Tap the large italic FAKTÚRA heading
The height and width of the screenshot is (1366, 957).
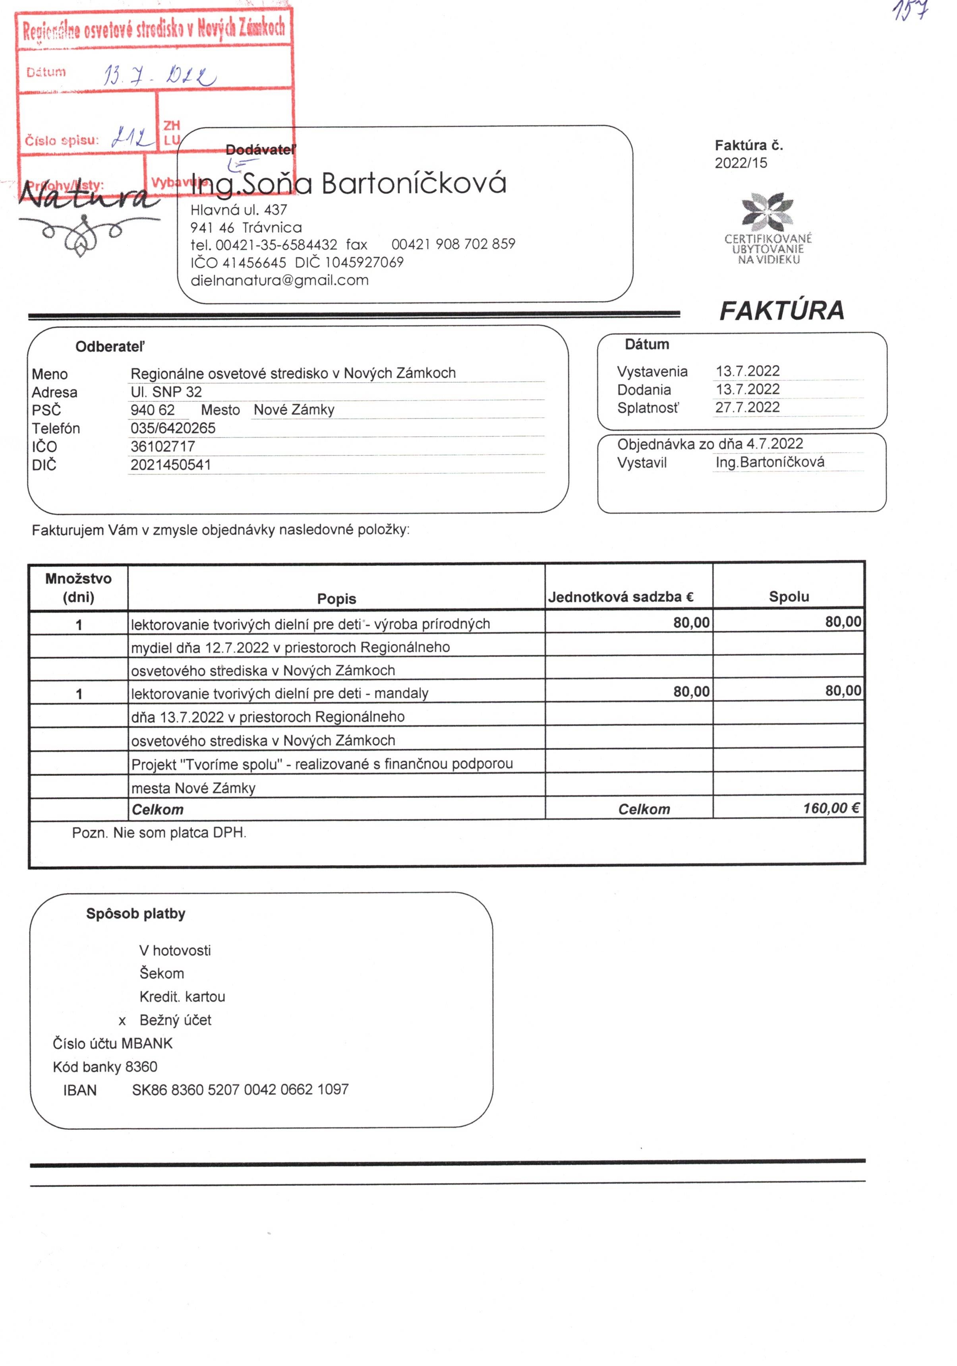pos(781,310)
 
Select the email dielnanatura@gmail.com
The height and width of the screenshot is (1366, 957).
pos(280,280)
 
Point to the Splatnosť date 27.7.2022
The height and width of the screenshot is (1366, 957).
pos(747,407)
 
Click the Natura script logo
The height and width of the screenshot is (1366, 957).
pos(89,196)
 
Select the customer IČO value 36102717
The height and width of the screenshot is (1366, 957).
pos(162,446)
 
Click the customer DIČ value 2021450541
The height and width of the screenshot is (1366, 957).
pos(171,465)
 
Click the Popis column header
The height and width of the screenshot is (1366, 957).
pos(336,599)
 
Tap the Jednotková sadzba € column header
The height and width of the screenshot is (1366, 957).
pos(621,597)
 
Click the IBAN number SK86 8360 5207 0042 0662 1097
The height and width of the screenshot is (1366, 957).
pos(240,1089)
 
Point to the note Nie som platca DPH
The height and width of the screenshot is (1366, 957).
pos(159,832)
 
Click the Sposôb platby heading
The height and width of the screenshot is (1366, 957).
pos(135,913)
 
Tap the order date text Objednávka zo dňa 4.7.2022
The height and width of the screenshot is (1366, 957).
pos(710,444)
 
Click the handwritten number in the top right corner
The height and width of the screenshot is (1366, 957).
pos(910,11)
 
